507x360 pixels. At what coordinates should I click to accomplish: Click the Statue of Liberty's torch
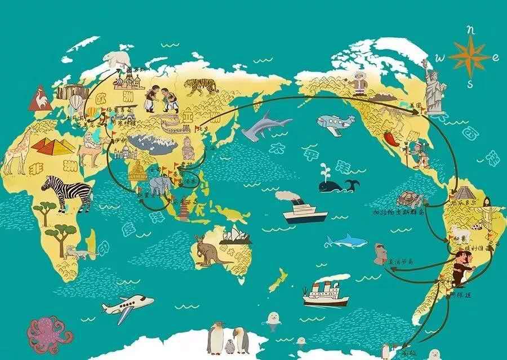pos(423,61)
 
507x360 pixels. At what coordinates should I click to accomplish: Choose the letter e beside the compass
pos(495,57)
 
